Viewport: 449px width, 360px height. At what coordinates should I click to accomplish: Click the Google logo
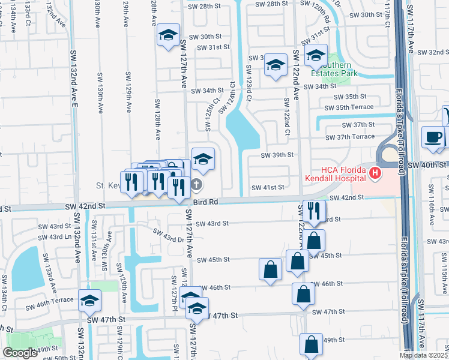point(20,353)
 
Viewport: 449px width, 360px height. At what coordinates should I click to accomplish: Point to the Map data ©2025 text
point(423,355)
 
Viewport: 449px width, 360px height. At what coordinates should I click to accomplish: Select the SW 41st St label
point(267,187)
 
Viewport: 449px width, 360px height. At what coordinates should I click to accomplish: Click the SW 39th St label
point(277,155)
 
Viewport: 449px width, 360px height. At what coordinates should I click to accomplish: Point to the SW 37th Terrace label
point(350,137)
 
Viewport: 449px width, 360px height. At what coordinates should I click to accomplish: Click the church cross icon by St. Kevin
point(197,185)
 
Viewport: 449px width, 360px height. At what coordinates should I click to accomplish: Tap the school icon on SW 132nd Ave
point(89,300)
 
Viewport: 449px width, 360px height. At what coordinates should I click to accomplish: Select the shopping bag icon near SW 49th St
point(312,345)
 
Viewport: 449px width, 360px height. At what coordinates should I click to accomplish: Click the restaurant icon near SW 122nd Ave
point(313,210)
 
